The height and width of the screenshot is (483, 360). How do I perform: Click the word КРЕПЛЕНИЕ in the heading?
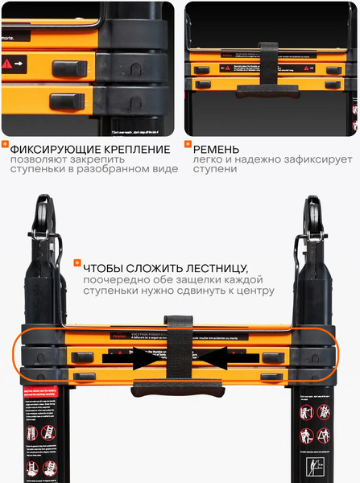click(130, 150)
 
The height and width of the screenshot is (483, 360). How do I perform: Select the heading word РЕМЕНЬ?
click(216, 150)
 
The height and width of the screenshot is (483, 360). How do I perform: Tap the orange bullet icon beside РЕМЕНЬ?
click(188, 146)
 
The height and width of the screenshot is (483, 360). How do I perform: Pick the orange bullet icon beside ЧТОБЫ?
click(77, 263)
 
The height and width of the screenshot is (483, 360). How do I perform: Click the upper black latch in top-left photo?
click(68, 68)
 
